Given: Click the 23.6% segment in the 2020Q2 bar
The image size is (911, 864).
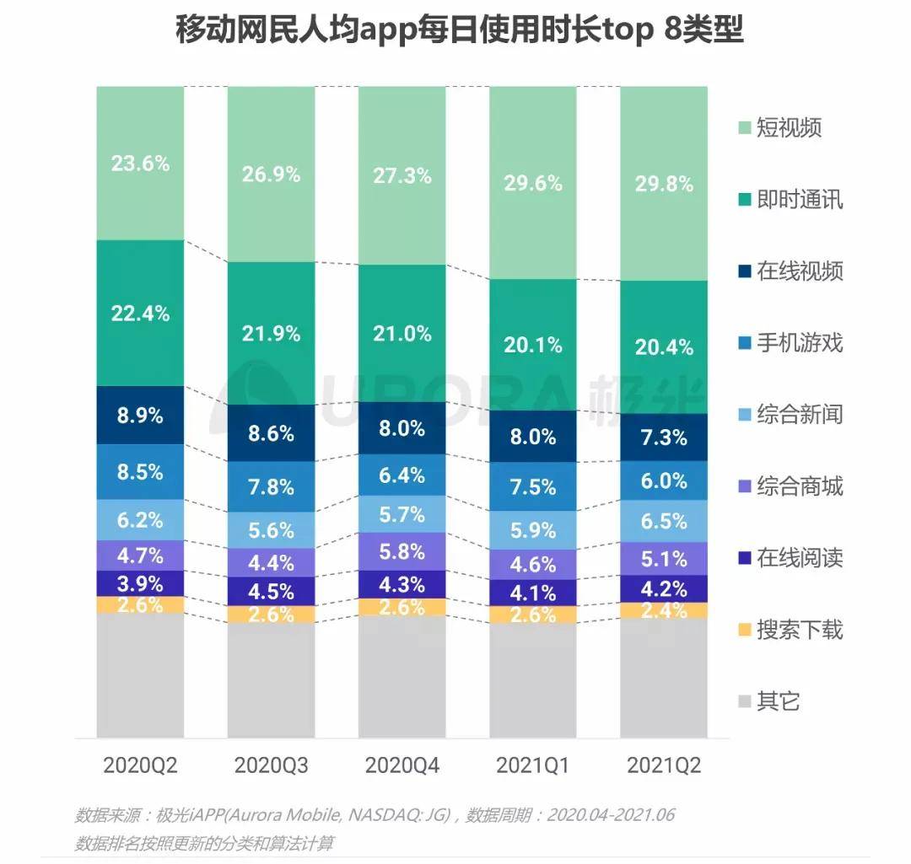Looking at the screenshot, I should click(x=140, y=163).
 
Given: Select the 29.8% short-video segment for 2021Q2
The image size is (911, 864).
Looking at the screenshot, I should click(x=664, y=184).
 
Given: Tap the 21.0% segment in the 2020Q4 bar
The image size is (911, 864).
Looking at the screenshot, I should click(x=402, y=333).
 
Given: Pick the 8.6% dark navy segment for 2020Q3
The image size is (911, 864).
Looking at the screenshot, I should click(x=271, y=433).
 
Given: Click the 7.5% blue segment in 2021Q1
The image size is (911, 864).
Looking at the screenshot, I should click(x=533, y=486).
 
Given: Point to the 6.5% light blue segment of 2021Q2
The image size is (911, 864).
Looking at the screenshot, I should click(x=664, y=521).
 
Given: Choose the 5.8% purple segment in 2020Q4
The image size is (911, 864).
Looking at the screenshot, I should click(x=402, y=552).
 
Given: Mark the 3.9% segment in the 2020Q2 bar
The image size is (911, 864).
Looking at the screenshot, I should click(x=140, y=583).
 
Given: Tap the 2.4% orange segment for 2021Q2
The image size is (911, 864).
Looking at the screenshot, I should click(x=664, y=611).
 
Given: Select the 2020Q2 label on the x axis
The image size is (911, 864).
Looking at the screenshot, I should click(x=140, y=765).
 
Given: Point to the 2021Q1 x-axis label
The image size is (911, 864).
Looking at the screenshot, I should click(x=533, y=765).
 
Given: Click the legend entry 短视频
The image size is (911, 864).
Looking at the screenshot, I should click(x=789, y=128).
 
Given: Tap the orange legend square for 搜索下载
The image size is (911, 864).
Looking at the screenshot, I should click(x=743, y=631).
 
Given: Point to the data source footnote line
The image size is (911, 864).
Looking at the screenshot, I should click(x=375, y=815).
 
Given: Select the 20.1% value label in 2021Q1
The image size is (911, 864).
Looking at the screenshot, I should click(x=533, y=343).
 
